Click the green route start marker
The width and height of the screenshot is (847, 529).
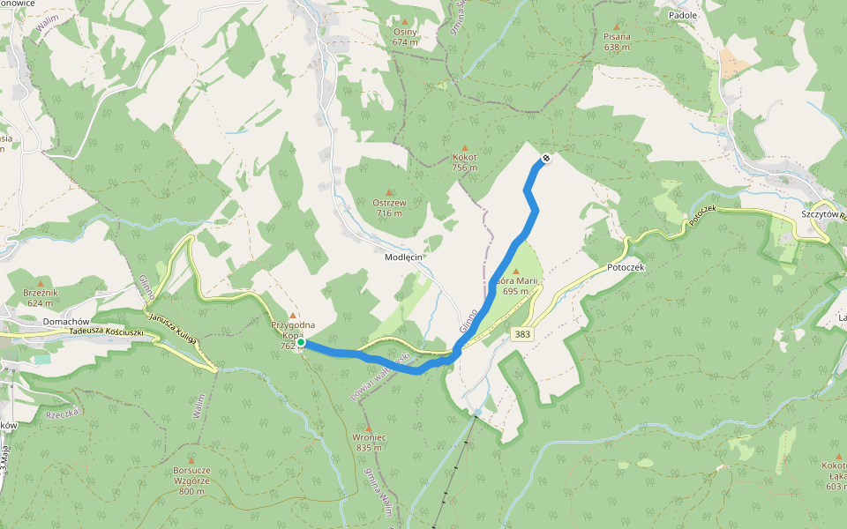pos(301,342)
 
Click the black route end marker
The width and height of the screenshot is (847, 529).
pos(546,159)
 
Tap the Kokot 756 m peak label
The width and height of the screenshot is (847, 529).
pos(464,162)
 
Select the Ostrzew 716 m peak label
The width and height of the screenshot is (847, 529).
pos(389,207)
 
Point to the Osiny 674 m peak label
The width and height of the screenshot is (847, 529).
pos(405,37)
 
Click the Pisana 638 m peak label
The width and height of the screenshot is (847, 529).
pos(617,41)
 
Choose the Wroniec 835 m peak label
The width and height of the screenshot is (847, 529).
pos(369,442)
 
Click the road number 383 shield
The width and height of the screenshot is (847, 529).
pos(521,333)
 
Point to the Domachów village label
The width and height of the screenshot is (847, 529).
pos(68,322)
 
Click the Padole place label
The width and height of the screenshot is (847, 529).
pos(683,15)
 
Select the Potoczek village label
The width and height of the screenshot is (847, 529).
pos(626,266)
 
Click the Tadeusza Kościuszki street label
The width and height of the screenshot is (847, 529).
pos(108,332)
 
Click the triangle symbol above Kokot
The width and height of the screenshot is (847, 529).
pos(465,147)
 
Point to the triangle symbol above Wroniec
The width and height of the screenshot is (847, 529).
pos(369,427)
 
